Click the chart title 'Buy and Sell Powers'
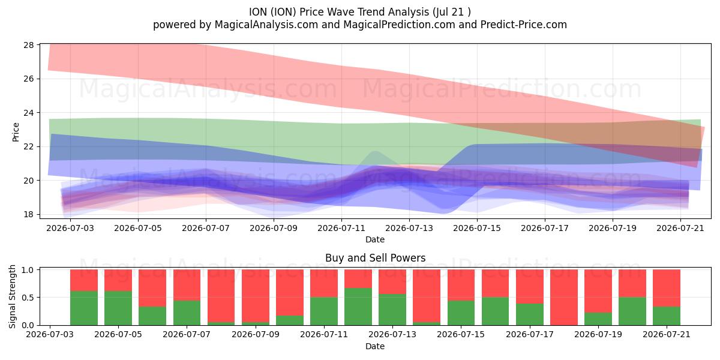[x=375, y=258]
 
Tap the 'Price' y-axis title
[x=16, y=132]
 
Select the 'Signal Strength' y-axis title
[x=12, y=296]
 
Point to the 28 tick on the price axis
[x=28, y=44]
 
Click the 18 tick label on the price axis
[x=28, y=214]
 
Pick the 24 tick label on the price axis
[x=28, y=113]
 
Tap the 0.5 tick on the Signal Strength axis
[x=28, y=298]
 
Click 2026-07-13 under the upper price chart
[x=409, y=228]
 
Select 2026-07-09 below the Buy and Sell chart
[x=256, y=334]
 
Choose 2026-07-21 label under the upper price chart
[x=680, y=228]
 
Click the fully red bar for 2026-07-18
[x=564, y=298]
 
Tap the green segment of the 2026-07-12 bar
[x=358, y=307]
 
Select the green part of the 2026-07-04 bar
[x=84, y=308]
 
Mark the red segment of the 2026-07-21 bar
[x=667, y=288]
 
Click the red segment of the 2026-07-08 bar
[x=221, y=296]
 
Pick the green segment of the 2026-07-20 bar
[x=632, y=311]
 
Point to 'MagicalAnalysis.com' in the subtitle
[x=266, y=25]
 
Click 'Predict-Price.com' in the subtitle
[x=524, y=25]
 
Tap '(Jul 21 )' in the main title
[x=452, y=12]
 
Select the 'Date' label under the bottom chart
[x=375, y=346]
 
